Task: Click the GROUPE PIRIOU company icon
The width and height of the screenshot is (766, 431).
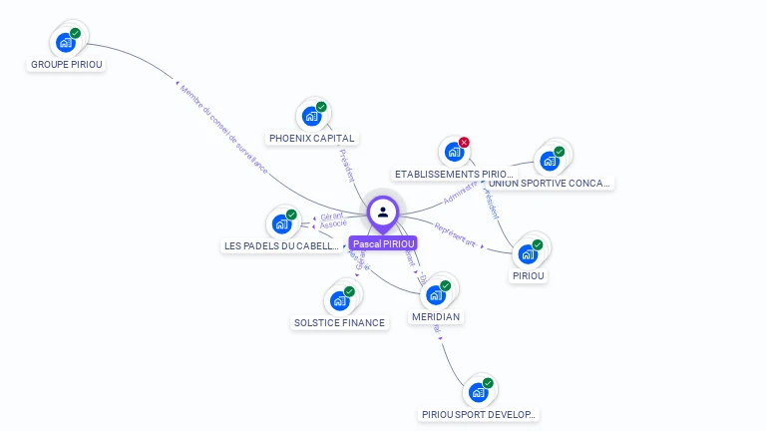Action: point(66,42)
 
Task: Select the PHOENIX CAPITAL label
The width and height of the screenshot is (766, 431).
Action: point(312,138)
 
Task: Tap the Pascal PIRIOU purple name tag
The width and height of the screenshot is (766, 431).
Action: point(383,243)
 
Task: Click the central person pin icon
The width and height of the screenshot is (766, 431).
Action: point(383,212)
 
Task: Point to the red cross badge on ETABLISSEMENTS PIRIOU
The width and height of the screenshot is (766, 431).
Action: point(464,143)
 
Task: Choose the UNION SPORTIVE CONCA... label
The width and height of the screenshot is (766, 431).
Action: point(551,183)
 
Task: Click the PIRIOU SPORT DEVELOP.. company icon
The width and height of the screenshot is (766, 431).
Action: point(478,392)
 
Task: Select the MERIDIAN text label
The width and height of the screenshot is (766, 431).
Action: point(436,316)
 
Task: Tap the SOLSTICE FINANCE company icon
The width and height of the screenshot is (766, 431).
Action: point(339,300)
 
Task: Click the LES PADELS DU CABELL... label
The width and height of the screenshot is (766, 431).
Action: point(282,245)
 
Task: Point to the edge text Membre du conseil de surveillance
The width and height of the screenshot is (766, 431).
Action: point(224,130)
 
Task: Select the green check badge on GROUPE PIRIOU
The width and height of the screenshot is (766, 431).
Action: point(76,33)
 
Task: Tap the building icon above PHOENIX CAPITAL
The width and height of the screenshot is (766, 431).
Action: point(311,116)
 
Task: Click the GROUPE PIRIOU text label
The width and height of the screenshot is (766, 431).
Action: point(67,64)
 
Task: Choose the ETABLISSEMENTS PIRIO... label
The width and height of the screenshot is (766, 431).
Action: point(453,174)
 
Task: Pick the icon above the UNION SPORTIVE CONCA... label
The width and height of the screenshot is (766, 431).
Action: point(549,161)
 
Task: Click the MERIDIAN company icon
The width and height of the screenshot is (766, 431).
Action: point(435,294)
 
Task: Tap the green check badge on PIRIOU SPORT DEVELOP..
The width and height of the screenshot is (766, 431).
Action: point(488,383)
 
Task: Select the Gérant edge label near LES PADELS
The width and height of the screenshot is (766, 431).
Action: point(332,215)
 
